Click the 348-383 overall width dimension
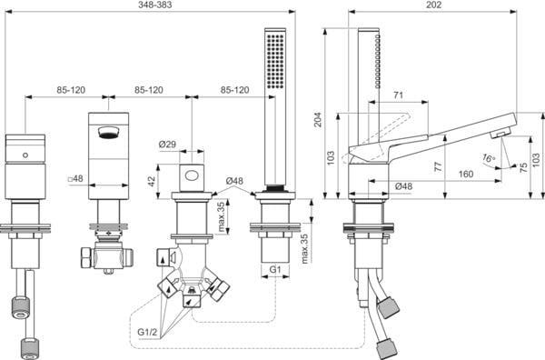click(x=155, y=5)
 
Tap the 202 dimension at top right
click(x=434, y=5)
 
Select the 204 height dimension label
click(x=318, y=119)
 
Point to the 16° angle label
click(x=489, y=158)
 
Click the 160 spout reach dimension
click(x=466, y=174)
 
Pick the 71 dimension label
click(x=399, y=95)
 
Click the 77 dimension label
click(x=439, y=166)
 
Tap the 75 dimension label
click(x=523, y=167)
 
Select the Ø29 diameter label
click(x=167, y=144)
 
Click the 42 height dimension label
click(x=152, y=181)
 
